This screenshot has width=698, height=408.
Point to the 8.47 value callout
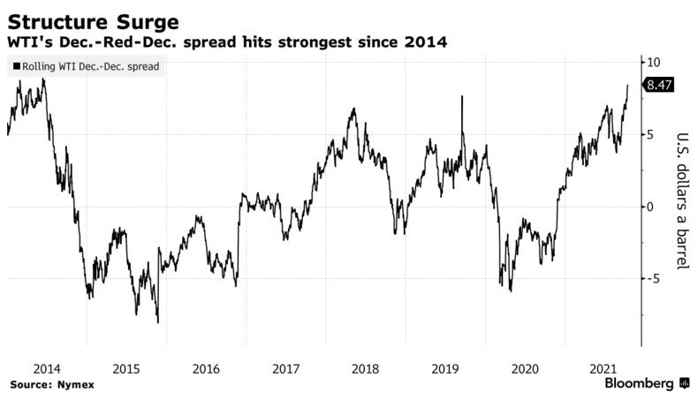tap(661, 86)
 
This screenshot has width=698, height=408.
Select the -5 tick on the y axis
tap(655, 279)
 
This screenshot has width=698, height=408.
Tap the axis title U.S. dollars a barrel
tap(681, 201)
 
